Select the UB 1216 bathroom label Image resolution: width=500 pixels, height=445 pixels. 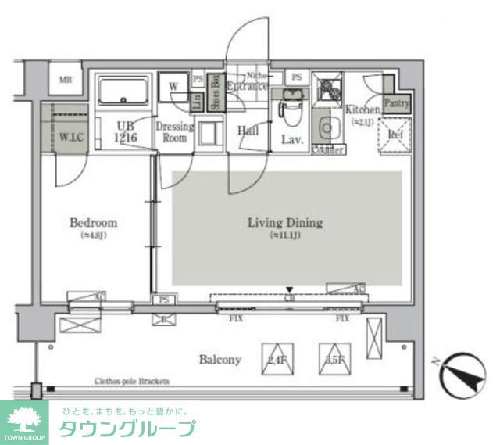click(x=126, y=131)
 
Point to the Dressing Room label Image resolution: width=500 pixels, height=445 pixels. click(x=174, y=132)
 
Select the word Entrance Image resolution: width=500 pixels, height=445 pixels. click(x=248, y=86)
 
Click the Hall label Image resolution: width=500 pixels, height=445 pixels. click(x=248, y=131)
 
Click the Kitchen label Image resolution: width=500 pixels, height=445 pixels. click(x=362, y=110)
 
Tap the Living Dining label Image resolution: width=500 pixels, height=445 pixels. click(x=284, y=223)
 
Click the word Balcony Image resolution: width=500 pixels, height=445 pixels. click(x=220, y=360)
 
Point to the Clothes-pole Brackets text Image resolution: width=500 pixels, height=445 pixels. click(x=131, y=382)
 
